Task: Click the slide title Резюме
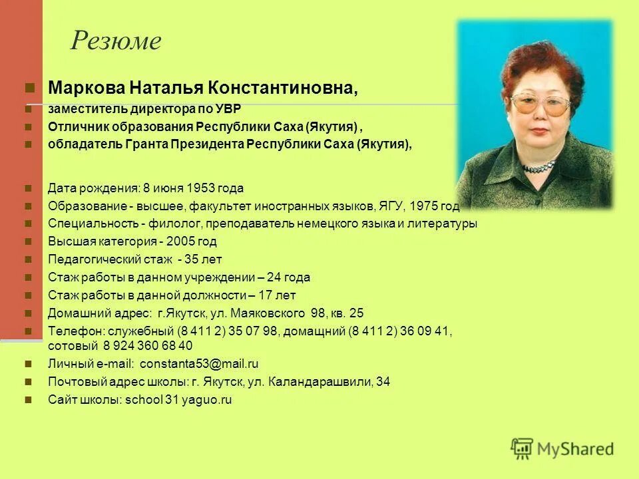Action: coord(116,42)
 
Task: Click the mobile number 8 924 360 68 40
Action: coord(147,346)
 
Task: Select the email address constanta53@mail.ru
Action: coord(199,364)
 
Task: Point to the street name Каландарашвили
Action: coord(327,382)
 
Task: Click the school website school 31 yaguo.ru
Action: coord(178,400)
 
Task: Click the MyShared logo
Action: coord(562,448)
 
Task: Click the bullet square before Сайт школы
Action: coord(29,400)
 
